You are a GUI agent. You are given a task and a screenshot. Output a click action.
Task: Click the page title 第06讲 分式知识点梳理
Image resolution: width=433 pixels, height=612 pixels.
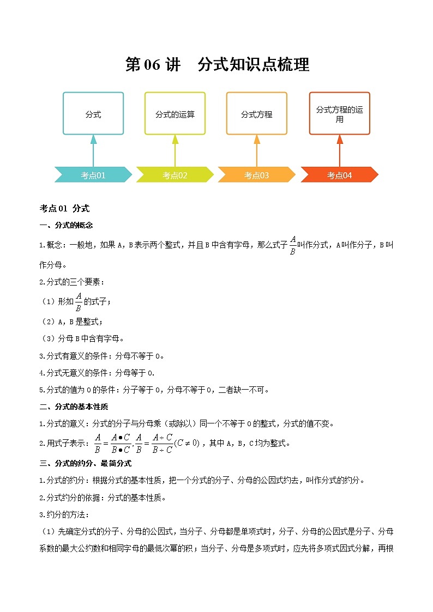coord(217,65)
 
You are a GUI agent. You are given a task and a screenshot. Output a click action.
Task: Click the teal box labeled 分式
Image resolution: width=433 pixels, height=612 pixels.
coord(93,113)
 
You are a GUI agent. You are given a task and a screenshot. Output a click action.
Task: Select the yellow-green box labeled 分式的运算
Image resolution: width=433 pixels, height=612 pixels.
coord(175,113)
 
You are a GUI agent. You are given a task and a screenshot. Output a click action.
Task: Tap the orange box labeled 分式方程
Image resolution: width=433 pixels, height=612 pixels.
coord(256,113)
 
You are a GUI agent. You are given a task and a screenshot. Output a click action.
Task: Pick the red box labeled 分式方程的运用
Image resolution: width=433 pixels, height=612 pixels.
coord(339,113)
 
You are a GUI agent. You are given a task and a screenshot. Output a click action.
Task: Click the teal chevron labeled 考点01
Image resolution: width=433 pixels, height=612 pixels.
coord(93,175)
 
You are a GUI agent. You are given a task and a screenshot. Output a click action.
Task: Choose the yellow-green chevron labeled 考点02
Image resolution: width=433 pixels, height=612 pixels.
coord(175,175)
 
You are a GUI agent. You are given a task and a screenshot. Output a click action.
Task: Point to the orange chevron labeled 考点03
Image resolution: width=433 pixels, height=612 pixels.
coord(256,175)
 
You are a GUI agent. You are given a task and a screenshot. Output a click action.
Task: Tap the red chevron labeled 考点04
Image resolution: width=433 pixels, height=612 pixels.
coord(339,175)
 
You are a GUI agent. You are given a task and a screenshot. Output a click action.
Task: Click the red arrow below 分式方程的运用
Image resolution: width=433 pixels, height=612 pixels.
coord(339,149)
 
